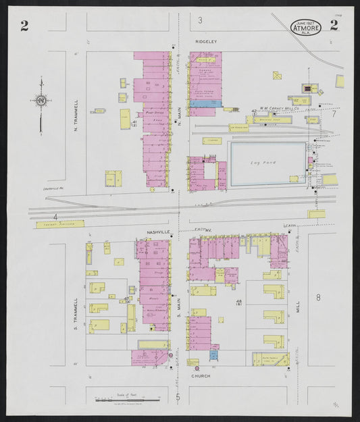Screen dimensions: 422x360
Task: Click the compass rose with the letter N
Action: point(42,101)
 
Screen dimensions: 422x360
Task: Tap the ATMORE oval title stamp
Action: point(306,28)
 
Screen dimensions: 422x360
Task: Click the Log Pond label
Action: point(259,163)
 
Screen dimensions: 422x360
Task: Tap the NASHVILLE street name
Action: point(159,232)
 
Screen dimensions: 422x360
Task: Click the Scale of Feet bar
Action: point(124,398)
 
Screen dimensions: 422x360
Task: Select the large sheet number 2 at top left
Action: point(24,26)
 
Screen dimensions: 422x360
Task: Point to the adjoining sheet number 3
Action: point(200,21)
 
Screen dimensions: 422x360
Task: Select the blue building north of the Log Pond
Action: point(205,103)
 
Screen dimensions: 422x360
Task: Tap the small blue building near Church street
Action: point(213,354)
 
